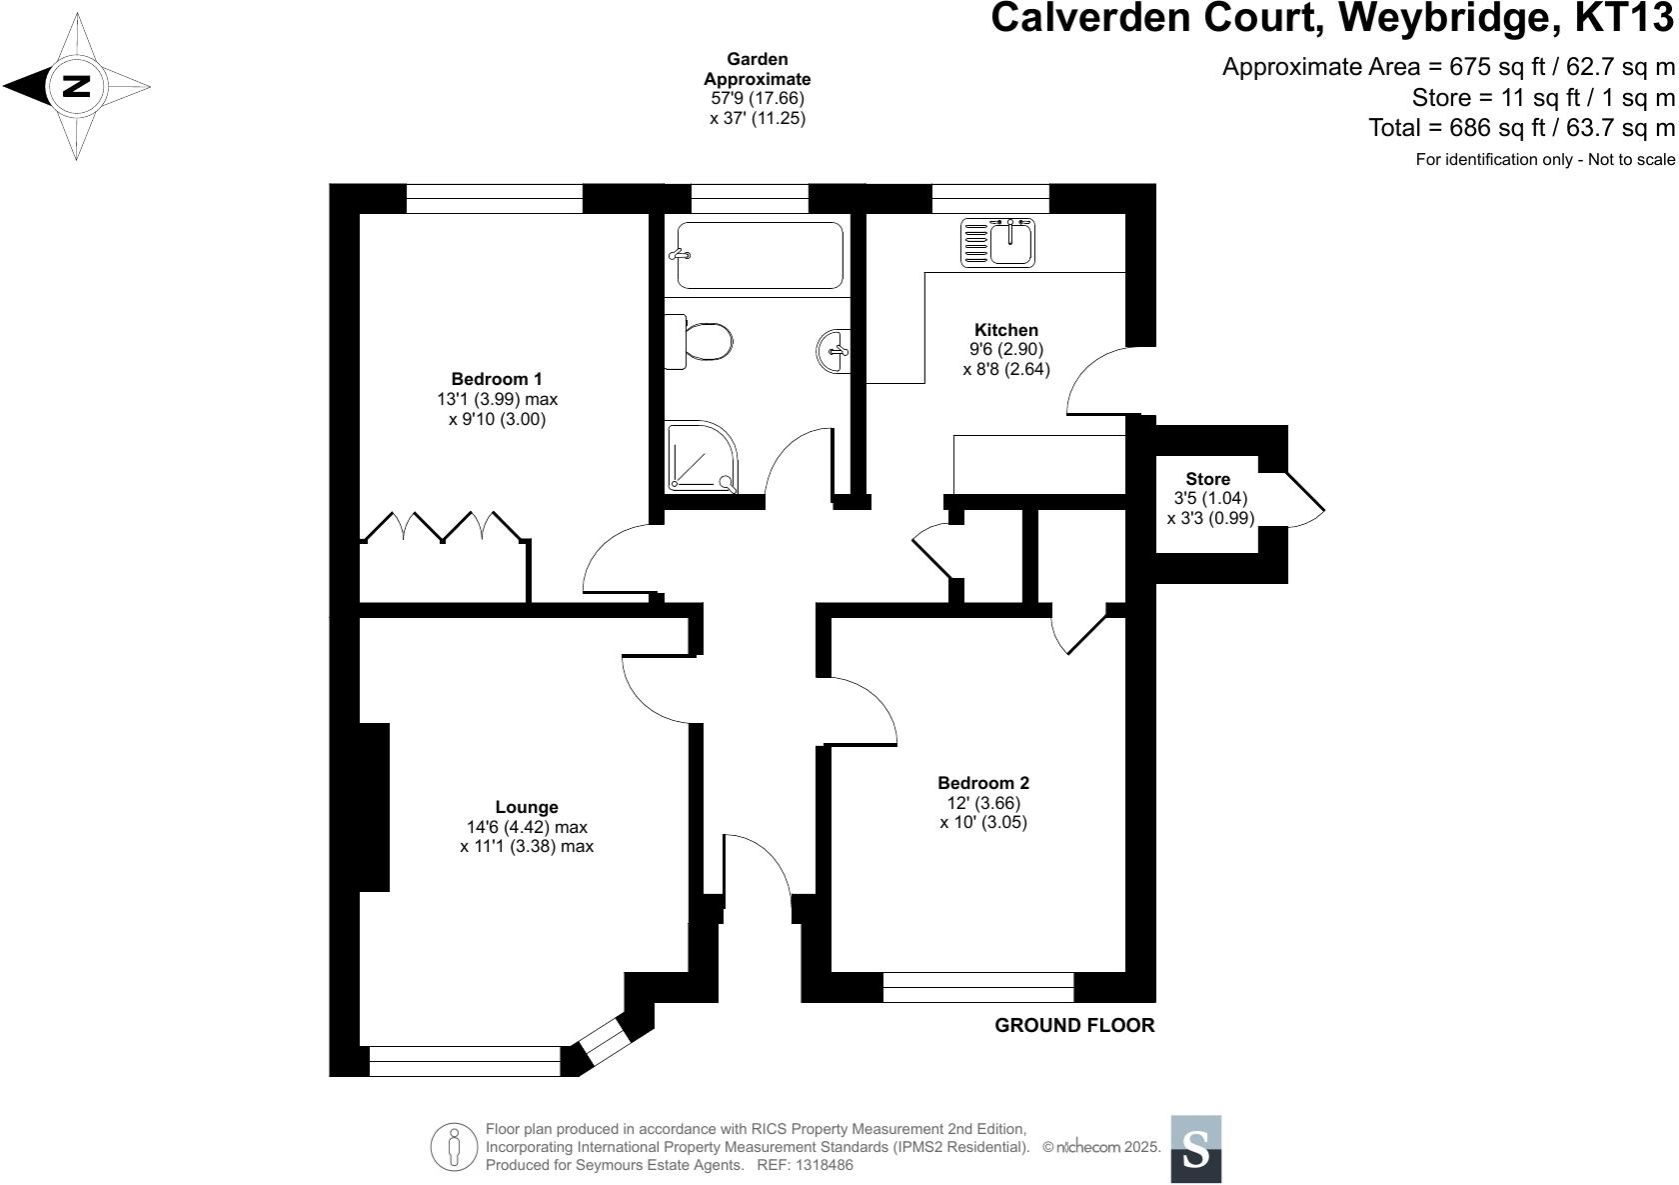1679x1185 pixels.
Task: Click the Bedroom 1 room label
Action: [497, 379]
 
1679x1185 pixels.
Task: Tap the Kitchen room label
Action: [1005, 330]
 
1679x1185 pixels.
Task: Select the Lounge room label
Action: [527, 807]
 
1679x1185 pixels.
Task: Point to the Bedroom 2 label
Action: [982, 783]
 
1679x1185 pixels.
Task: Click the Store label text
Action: [1207, 479]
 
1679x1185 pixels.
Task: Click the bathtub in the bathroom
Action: [760, 255]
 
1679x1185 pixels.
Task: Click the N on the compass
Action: [76, 86]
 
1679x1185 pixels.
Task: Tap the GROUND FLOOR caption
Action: [1074, 1025]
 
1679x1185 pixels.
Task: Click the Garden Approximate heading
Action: [757, 69]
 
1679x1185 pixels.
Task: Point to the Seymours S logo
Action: [1195, 1149]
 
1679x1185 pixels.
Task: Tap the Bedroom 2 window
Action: [978, 987]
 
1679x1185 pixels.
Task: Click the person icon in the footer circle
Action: [455, 1146]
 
